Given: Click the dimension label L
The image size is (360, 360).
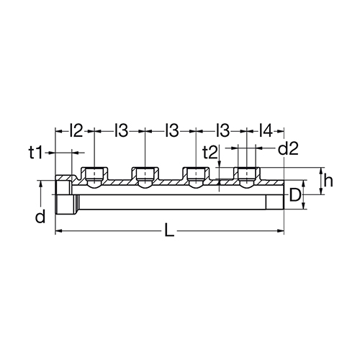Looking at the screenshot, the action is (169, 230).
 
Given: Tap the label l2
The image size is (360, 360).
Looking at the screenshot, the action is (76, 131).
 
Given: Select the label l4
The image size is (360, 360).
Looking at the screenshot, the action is (266, 131).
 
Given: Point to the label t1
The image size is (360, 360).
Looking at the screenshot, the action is (35, 153).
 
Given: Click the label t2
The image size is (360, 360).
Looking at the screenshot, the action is (210, 153).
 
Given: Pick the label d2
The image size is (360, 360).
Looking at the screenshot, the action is (288, 149).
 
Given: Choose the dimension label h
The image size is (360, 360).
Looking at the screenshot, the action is (328, 181).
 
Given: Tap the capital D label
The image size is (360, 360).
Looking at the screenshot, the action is (295, 195).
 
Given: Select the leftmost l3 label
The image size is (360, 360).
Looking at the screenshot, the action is (122, 131).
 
